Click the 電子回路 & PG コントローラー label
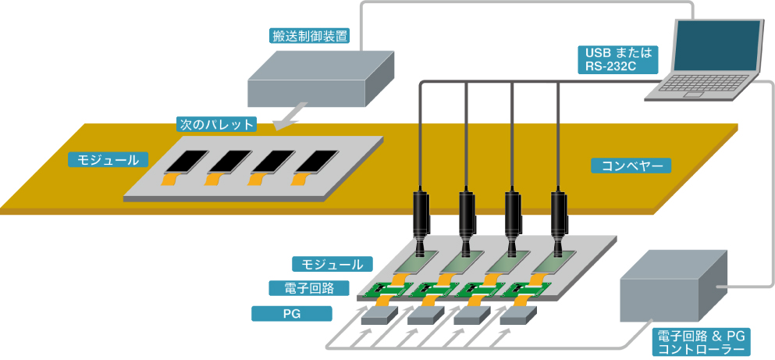click(x=702, y=343)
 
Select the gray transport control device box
click(x=319, y=82)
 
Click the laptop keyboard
click(x=695, y=90)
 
